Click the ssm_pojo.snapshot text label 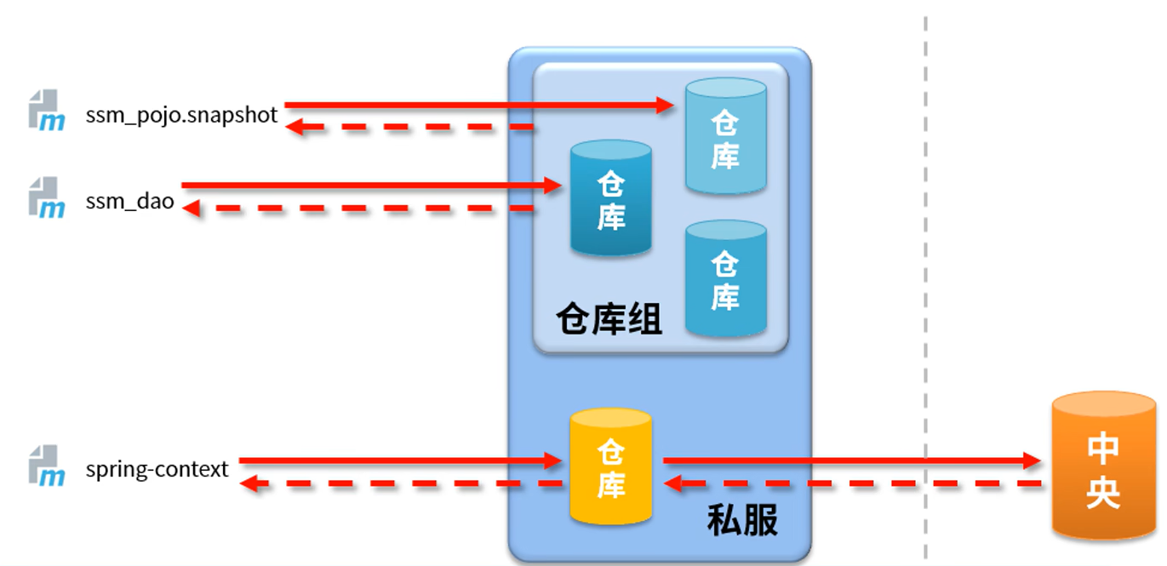(181, 115)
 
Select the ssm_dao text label (129, 202)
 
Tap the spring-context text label (157, 469)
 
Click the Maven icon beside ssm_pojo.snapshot (46, 110)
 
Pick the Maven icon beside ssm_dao (46, 197)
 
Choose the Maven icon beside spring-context (46, 465)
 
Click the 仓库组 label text (609, 320)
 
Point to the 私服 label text (742, 520)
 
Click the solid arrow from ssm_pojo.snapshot (477, 106)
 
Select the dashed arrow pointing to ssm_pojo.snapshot (409, 128)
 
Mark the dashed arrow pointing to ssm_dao (358, 208)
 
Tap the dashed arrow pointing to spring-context (400, 484)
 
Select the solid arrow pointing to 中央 (851, 461)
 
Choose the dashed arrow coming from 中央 (851, 484)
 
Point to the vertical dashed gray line (925, 255)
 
